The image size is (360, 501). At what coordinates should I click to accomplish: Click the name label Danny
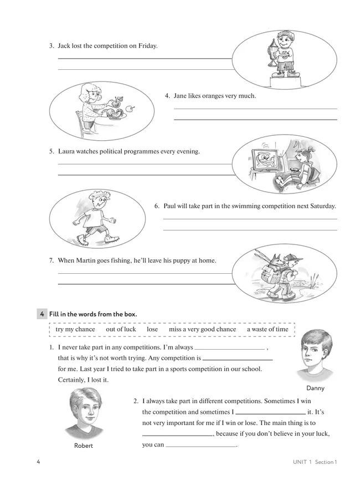click(315, 388)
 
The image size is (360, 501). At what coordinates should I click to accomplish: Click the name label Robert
click(83, 446)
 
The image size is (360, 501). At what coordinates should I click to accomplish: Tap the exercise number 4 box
click(42, 314)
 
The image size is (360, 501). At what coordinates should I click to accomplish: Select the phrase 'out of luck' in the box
click(121, 329)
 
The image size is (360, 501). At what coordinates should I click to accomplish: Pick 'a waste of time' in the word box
click(268, 329)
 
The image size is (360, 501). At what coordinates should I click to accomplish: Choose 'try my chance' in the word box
click(75, 329)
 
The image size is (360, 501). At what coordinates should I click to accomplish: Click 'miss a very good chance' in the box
click(202, 329)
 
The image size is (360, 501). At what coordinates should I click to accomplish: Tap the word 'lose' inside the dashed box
click(152, 329)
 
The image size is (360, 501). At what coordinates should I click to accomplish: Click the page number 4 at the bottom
click(38, 462)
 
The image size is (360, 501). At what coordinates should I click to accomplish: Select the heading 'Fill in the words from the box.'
click(93, 314)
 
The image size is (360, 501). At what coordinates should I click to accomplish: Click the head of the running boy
click(97, 203)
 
